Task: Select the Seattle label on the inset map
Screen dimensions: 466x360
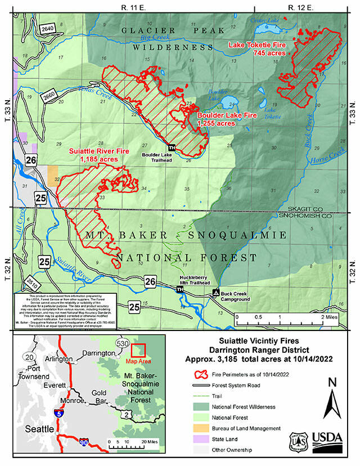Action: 35,428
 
